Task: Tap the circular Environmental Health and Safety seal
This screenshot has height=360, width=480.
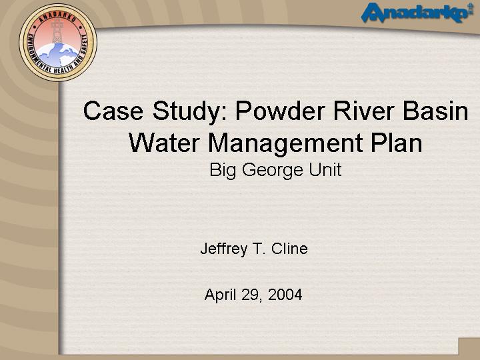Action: click(58, 42)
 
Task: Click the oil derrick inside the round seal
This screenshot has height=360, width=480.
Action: click(57, 31)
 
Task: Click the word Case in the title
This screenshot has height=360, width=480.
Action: click(113, 111)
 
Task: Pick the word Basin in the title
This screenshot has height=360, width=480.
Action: click(435, 111)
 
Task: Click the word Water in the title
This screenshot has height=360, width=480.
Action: click(165, 143)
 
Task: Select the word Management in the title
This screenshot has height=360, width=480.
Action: click(285, 145)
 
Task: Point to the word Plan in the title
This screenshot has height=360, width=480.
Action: click(397, 143)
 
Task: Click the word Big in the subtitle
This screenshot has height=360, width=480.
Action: click(223, 170)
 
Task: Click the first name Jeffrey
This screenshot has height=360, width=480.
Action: click(224, 249)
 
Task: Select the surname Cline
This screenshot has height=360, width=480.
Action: click(289, 248)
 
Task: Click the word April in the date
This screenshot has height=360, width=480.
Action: click(221, 295)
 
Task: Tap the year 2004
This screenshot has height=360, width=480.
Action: click(285, 295)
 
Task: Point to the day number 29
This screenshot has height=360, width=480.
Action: click(251, 295)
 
